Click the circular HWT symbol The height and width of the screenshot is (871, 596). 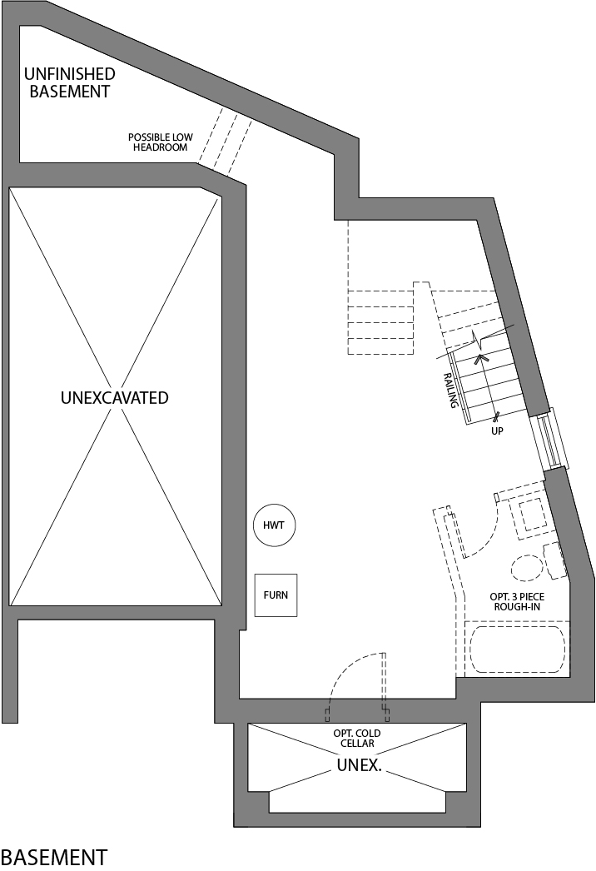[275, 525]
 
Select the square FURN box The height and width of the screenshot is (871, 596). [276, 595]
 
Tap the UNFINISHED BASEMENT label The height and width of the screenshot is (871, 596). [69, 82]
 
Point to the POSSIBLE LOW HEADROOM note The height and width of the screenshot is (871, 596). [158, 142]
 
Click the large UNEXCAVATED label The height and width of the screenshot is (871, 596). [114, 397]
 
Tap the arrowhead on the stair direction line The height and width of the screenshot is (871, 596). [479, 359]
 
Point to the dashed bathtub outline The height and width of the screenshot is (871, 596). [517, 650]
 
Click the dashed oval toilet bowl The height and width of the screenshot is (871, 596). [526, 568]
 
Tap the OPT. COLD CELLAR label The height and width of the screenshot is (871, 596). [357, 738]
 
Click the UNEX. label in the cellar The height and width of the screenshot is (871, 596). [359, 764]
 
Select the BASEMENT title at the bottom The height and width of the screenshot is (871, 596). [54, 856]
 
